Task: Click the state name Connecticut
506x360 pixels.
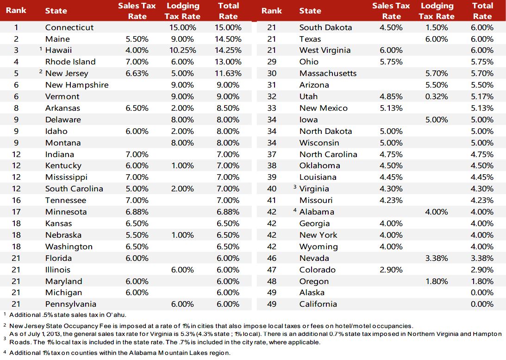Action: tap(69, 27)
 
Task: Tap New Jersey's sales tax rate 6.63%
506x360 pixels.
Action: tap(137, 73)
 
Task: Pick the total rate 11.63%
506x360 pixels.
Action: tap(228, 73)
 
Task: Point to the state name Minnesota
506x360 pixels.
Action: tap(66, 212)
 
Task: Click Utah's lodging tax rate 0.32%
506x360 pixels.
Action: tap(437, 96)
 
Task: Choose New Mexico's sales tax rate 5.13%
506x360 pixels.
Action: tap(391, 108)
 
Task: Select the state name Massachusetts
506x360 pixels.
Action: tap(328, 73)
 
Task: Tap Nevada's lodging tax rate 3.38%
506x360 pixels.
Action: tap(437, 258)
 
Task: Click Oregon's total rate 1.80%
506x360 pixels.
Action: tap(482, 281)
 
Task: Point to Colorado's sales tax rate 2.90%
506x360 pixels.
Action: tap(391, 270)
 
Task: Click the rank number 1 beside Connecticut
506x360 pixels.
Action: tap(16, 27)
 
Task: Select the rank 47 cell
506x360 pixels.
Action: tap(272, 270)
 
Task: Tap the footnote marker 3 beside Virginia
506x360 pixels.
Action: tap(294, 187)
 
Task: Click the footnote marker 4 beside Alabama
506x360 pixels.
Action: tap(294, 210)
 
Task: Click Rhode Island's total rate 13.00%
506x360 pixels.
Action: tap(228, 62)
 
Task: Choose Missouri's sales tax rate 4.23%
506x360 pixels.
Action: tap(391, 200)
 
